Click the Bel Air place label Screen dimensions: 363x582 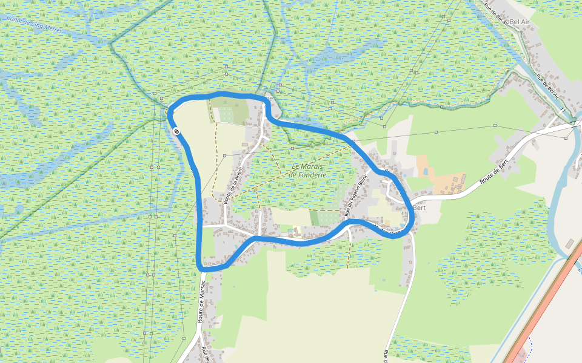coord(520,22)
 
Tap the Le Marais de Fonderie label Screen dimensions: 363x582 coord(309,170)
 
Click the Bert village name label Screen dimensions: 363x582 coord(419,208)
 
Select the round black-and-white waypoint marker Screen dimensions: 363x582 coord(176,131)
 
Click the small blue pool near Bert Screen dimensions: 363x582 coord(426,172)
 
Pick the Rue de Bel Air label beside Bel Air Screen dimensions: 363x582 coord(547,86)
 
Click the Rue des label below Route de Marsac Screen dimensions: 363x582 coord(206,355)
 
